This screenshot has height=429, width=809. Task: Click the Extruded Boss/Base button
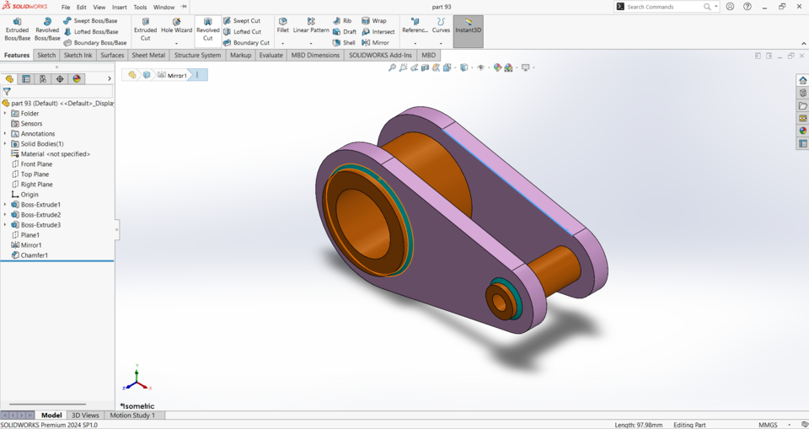coord(17,29)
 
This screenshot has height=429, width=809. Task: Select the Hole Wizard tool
coord(176,25)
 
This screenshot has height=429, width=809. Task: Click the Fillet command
coord(282,25)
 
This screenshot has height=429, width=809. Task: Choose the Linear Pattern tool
coord(311,25)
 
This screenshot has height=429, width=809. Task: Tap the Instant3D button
coord(468,25)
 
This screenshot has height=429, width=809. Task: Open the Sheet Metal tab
coord(148,56)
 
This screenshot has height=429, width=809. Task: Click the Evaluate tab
coord(271,56)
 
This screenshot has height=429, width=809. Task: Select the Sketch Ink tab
coord(78,56)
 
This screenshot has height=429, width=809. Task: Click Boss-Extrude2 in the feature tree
coord(40,215)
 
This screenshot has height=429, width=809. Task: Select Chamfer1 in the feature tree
coord(34,255)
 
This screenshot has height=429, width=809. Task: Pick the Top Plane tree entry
coord(35,174)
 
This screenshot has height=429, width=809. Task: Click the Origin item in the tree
coord(29,195)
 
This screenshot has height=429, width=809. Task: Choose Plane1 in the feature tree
coord(30,235)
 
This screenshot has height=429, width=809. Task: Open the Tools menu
coord(140,7)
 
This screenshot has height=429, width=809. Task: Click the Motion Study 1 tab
coord(132,416)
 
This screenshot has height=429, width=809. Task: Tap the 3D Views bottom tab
coord(85,416)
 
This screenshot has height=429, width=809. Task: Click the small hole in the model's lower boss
coord(499,300)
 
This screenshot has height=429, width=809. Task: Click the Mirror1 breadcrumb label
coord(177,75)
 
